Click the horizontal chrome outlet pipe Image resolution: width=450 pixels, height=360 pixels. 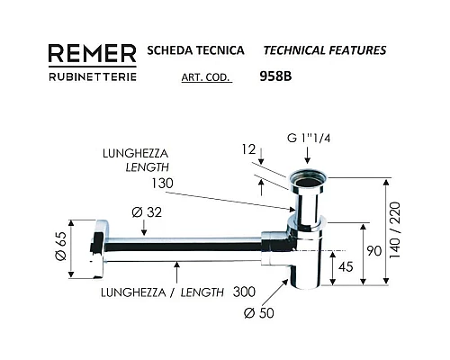click(x=180, y=244)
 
